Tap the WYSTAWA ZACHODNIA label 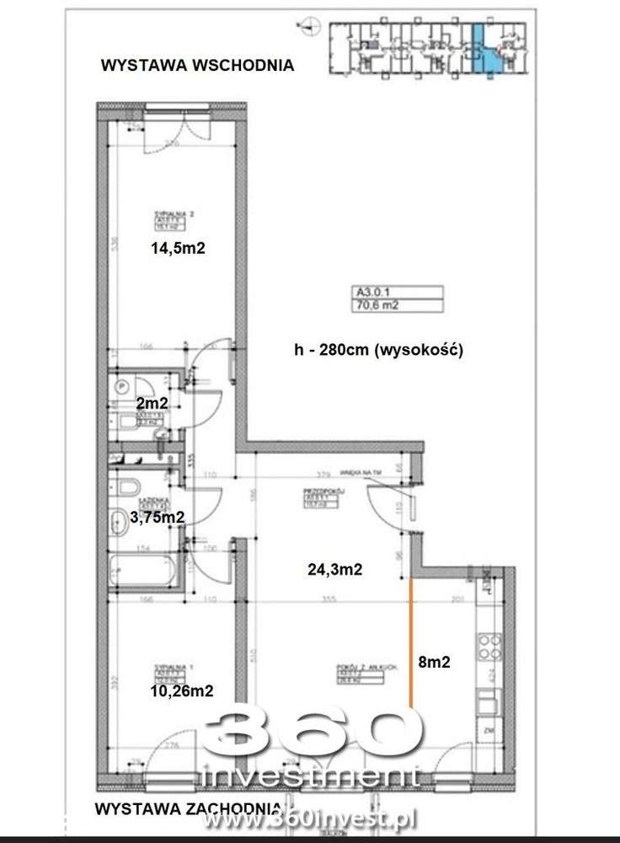coord(164,808)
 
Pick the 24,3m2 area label coord(334,569)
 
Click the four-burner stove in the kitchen coord(489,647)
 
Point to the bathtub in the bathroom coord(143,570)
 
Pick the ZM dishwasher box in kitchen coord(489,730)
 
